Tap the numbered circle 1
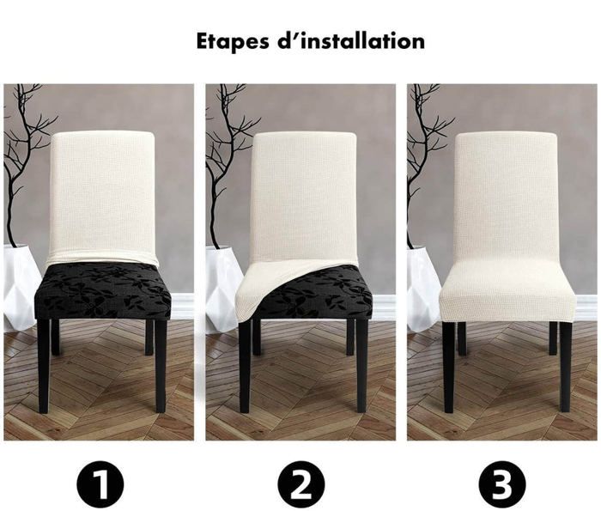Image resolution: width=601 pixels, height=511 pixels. (x=100, y=484)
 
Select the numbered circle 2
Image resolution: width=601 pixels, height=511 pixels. (x=300, y=484)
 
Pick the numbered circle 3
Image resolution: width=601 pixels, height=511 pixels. (x=502, y=484)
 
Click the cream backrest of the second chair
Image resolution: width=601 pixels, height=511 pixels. (x=304, y=196)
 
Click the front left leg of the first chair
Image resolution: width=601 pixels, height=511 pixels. (x=43, y=366)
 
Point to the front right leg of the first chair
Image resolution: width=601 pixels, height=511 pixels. (x=161, y=366)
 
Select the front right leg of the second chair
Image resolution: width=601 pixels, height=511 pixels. (x=361, y=366)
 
